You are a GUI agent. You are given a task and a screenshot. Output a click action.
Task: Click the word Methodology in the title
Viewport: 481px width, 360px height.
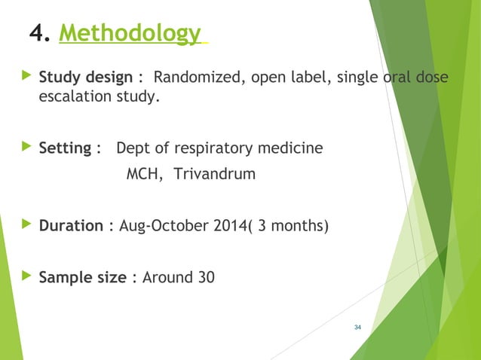129,34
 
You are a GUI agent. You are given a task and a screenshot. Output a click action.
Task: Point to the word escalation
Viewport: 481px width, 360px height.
72,97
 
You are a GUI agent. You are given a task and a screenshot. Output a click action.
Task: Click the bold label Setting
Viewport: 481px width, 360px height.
65,148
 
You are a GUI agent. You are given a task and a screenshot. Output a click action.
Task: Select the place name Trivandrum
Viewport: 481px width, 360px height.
215,175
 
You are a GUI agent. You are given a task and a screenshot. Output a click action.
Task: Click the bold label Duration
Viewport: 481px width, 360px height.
71,226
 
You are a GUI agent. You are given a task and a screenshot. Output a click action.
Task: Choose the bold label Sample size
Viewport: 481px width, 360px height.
82,277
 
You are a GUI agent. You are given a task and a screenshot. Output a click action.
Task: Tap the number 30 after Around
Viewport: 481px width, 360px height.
205,277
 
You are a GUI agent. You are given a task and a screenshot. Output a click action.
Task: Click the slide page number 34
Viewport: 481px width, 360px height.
357,327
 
